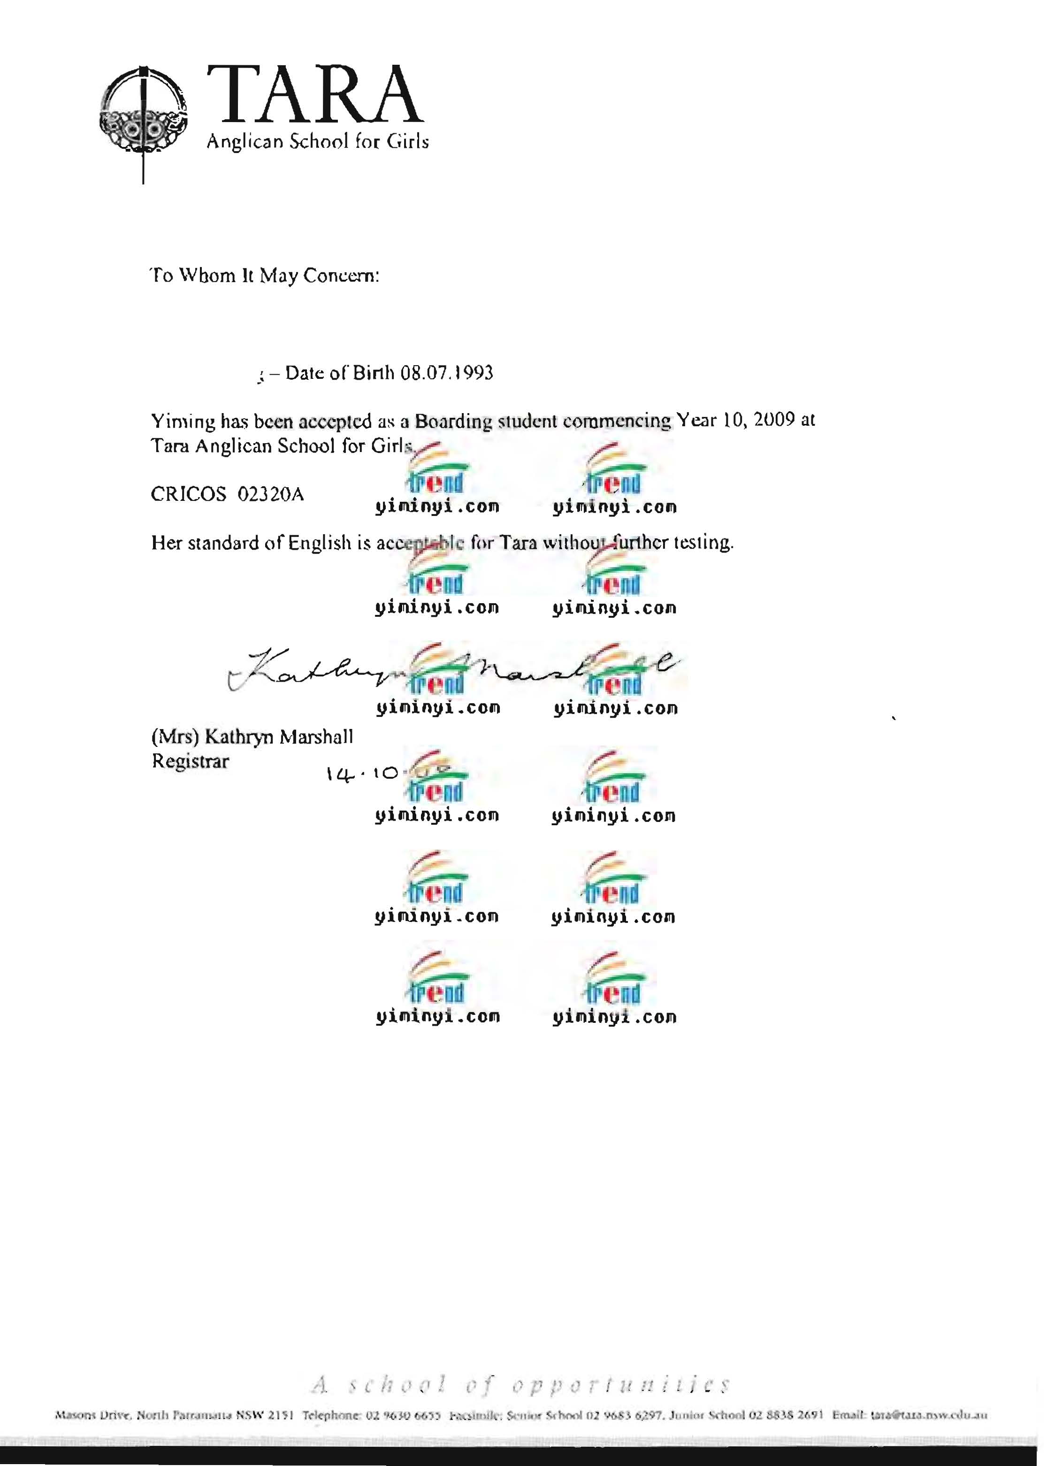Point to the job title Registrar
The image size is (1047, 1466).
(x=190, y=761)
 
